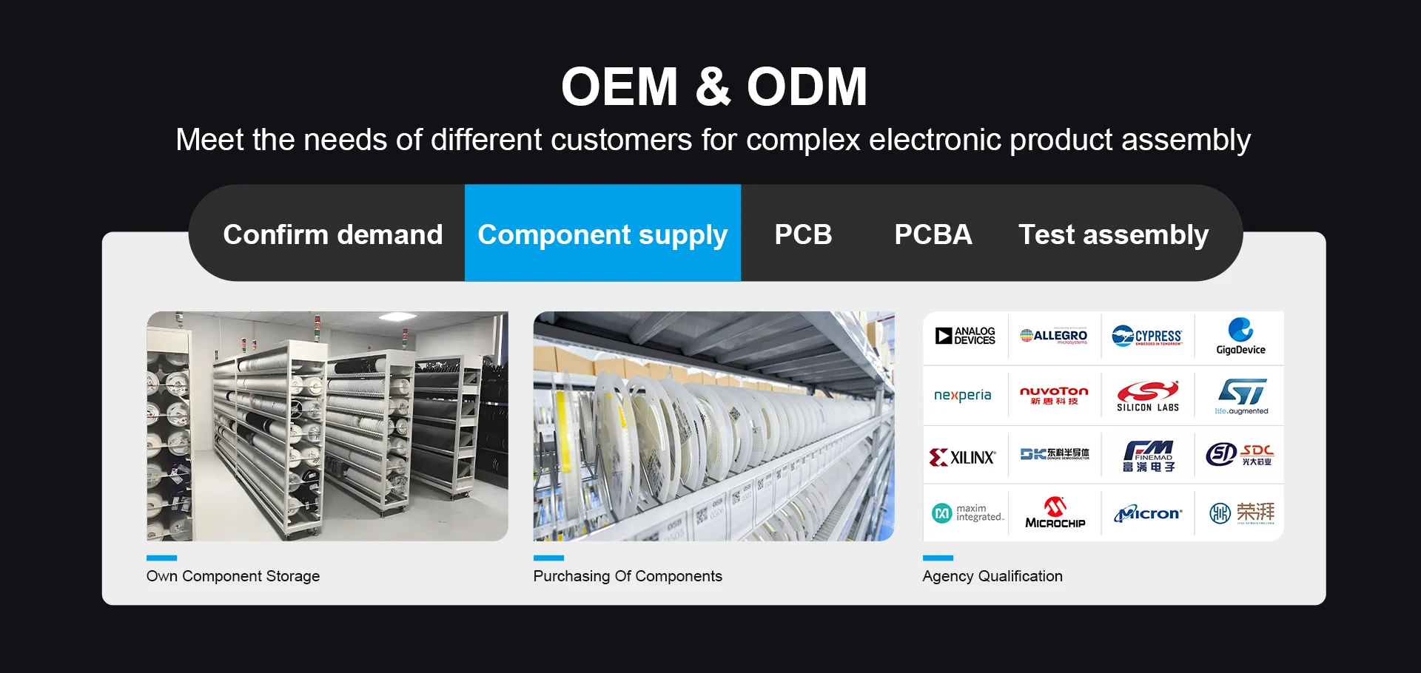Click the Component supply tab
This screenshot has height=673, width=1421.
click(x=602, y=234)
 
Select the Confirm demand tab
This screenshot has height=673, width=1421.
click(x=332, y=234)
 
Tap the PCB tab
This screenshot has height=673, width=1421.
click(x=803, y=234)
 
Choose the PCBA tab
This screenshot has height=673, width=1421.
click(x=933, y=234)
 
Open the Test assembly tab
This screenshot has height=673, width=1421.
click(x=1113, y=234)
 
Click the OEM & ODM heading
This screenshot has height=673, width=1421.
click(x=713, y=87)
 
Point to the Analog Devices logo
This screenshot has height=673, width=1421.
click(x=965, y=336)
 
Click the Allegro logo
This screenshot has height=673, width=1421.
click(x=1054, y=336)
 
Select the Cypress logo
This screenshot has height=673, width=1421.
click(x=1147, y=336)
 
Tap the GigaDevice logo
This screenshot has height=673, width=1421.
click(x=1240, y=336)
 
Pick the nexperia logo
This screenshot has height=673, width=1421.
click(x=962, y=395)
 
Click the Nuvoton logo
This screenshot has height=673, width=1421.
click(x=1054, y=395)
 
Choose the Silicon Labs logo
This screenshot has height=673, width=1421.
click(x=1147, y=396)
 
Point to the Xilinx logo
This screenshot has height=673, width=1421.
click(x=962, y=457)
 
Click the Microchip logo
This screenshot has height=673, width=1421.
click(x=1055, y=513)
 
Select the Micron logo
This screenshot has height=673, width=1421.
click(x=1148, y=513)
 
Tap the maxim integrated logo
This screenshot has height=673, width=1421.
click(x=967, y=513)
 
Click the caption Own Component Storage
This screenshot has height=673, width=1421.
click(x=233, y=576)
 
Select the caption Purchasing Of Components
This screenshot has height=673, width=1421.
click(x=628, y=576)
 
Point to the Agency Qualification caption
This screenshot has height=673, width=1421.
click(x=992, y=576)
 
